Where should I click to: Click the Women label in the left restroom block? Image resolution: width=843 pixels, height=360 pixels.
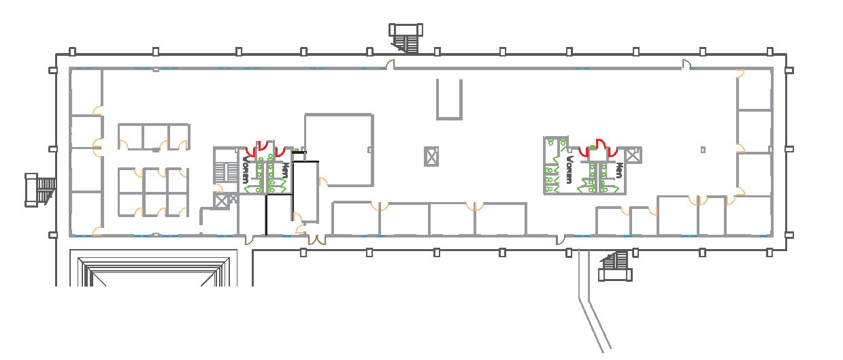245,169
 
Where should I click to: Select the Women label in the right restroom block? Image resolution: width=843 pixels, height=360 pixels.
569,169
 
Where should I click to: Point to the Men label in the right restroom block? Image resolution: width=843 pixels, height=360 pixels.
619,170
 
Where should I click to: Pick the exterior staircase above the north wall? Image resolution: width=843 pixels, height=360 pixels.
406,38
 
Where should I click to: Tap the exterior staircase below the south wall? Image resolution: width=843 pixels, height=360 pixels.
616,266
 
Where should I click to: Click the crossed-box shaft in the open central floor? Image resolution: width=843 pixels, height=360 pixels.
431,157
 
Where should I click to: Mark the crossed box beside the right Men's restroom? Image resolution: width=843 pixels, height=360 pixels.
633,154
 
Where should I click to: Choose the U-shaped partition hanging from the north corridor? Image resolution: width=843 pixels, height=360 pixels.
449,100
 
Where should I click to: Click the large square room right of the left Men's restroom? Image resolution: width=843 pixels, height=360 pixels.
339,150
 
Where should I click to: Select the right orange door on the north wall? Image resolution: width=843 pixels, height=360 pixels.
687,65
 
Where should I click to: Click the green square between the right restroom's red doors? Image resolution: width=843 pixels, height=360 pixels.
593,147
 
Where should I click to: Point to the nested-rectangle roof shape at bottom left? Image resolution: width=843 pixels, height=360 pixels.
154,272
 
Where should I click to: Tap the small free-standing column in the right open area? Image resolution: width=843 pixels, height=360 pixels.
703,150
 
